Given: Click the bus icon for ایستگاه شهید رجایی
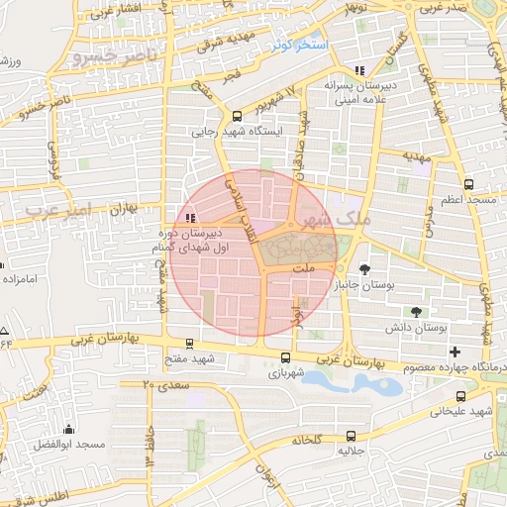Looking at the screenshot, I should click(x=237, y=116).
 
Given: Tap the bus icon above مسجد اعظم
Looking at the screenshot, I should click(x=467, y=184).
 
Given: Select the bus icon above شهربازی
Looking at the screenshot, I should click(x=286, y=358).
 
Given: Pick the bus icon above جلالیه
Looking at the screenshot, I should click(x=351, y=436).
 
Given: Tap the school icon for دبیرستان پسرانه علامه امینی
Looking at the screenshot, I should click(x=358, y=70).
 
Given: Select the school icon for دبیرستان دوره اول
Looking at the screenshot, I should click(x=189, y=218).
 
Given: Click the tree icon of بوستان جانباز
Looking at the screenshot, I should click(x=365, y=268).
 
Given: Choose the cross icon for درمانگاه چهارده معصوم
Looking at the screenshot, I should click(x=455, y=353).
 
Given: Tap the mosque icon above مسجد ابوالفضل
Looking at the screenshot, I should click(x=68, y=429).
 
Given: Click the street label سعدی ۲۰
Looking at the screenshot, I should click(x=163, y=382).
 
